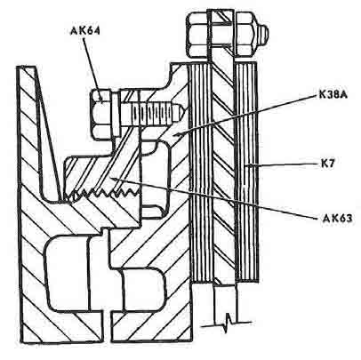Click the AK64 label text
point(85,31)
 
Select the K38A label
point(333,94)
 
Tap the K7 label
point(327,163)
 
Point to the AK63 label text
point(337,219)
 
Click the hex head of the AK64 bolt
point(100,115)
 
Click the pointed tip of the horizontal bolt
point(181,112)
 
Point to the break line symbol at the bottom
point(227,321)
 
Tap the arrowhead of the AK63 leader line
point(114,178)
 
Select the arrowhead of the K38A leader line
point(177,135)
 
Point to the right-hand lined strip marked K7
point(246,172)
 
